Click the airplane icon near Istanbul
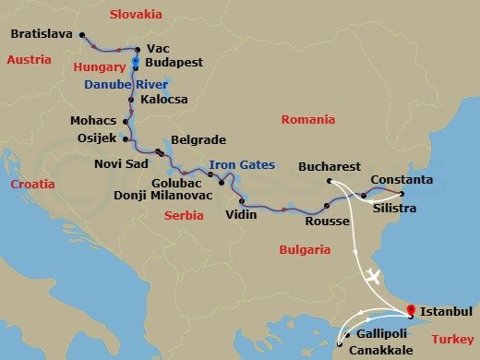372,275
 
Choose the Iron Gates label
242,165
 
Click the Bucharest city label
330,168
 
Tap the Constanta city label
402,177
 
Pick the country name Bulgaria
304,249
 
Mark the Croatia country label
32,185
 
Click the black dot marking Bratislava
83,37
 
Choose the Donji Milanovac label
163,195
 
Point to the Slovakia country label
136,15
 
